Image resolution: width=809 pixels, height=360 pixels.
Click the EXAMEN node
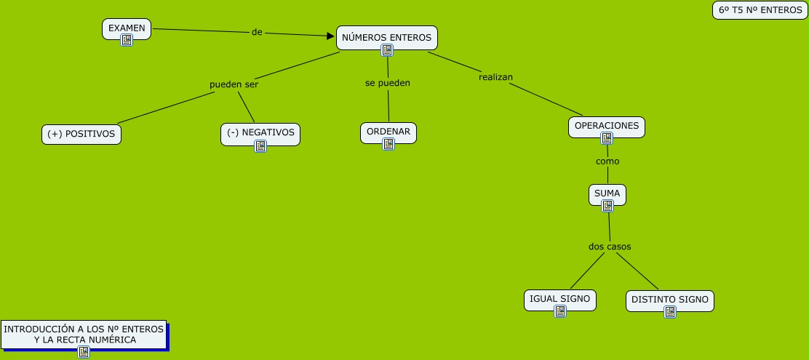tap(127, 29)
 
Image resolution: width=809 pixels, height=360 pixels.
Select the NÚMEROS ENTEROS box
tap(387, 38)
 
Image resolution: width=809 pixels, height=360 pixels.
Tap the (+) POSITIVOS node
tap(81, 134)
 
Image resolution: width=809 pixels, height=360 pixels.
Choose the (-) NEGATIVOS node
tap(260, 134)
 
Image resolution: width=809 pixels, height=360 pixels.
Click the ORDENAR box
tap(388, 132)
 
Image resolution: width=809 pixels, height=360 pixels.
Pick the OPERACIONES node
tap(607, 127)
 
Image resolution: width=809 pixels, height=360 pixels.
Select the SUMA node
tap(607, 194)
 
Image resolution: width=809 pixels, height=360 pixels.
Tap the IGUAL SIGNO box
tap(559, 300)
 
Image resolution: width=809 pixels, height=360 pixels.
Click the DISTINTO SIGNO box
tap(670, 300)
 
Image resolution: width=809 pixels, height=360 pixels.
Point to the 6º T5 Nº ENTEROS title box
tap(760, 10)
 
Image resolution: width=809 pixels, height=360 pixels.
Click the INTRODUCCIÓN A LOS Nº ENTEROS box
tap(84, 335)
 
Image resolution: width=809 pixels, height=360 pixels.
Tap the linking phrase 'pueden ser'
tap(234, 84)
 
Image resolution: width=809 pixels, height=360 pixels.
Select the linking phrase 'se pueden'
tap(388, 82)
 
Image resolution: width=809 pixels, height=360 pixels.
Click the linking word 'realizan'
tap(496, 77)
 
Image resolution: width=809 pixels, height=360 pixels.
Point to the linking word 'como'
tap(607, 161)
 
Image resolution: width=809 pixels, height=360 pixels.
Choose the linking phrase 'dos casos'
tap(610, 247)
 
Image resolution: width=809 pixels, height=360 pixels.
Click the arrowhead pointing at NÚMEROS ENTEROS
tap(331, 36)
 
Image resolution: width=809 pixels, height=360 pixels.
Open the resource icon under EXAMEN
tap(127, 40)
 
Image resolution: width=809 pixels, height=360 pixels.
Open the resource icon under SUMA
tap(607, 206)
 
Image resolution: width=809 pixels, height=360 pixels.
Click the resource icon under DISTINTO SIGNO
tap(670, 312)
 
